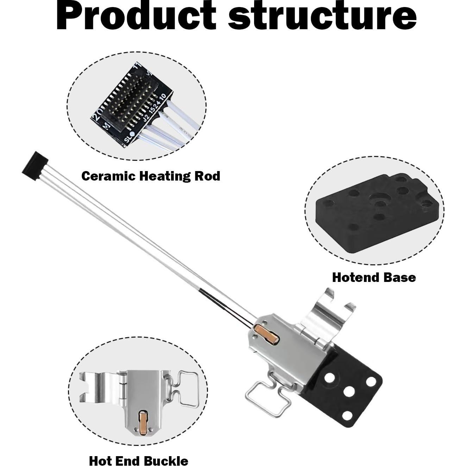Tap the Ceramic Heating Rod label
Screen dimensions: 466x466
pos(151,176)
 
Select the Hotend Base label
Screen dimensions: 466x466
pos(374,277)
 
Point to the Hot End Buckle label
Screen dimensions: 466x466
pos(138,460)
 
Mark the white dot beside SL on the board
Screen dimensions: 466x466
pos(132,134)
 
